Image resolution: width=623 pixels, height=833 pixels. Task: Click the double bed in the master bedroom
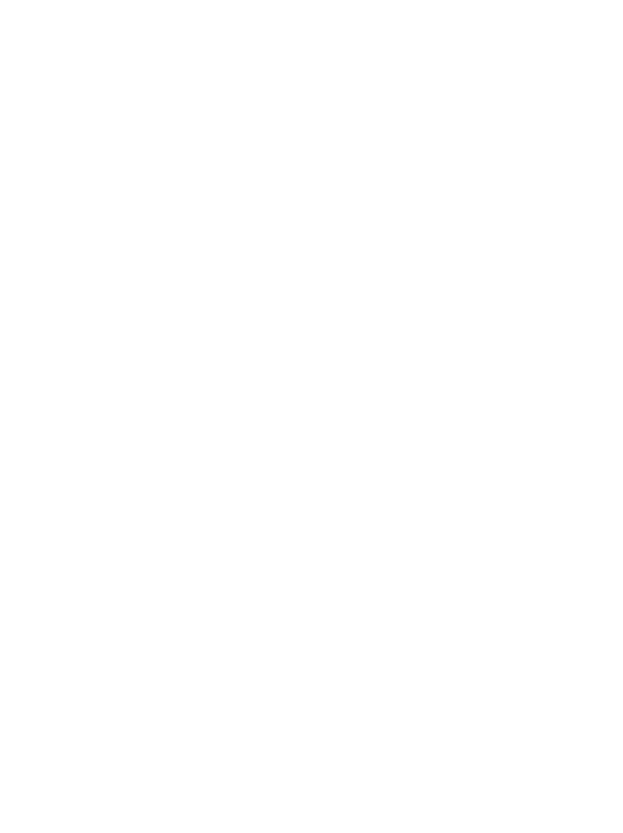pyautogui.click(x=207, y=223)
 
